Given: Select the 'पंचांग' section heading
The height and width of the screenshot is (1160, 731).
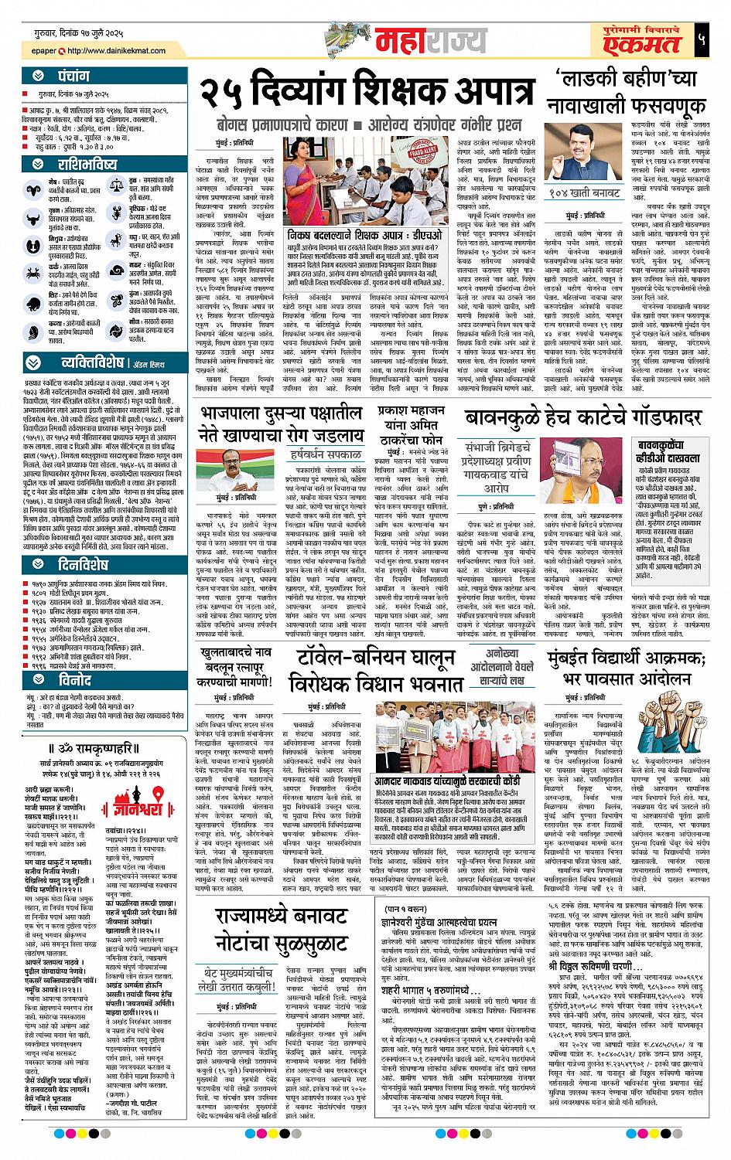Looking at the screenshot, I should click(77, 77).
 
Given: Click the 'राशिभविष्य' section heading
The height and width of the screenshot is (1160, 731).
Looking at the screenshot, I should click(89, 164).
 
